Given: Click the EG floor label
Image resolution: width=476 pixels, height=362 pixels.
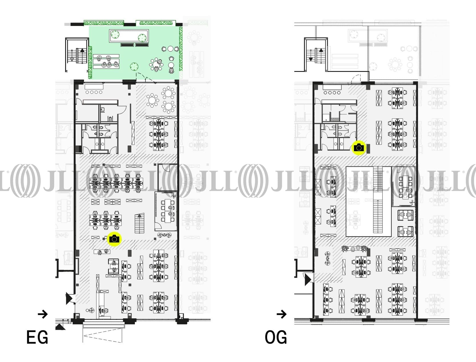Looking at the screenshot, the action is pyautogui.click(x=37, y=337).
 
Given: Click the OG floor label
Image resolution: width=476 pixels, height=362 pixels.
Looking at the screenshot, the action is pyautogui.click(x=276, y=337).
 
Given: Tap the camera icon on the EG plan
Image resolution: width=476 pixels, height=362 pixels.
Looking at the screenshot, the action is pyautogui.click(x=115, y=239).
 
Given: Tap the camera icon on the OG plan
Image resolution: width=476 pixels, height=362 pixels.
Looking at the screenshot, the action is pyautogui.click(x=359, y=148).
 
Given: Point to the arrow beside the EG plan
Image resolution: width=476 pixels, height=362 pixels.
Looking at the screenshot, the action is pyautogui.click(x=43, y=314).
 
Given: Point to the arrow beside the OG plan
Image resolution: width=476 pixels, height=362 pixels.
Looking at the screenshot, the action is pyautogui.click(x=281, y=314).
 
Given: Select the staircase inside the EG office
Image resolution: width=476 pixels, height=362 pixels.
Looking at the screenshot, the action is pyautogui.click(x=139, y=223).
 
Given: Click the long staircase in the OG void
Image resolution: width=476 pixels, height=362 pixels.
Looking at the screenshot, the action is pyautogui.click(x=378, y=199).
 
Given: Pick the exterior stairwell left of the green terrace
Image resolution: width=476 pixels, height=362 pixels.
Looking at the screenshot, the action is pyautogui.click(x=77, y=55).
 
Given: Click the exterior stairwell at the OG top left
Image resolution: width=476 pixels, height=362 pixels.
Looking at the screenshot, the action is pyautogui.click(x=316, y=54).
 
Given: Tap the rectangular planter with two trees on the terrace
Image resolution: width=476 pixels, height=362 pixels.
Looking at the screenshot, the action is pyautogui.click(x=129, y=36).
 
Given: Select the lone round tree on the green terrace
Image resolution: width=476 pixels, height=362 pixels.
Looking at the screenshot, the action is pyautogui.click(x=134, y=66).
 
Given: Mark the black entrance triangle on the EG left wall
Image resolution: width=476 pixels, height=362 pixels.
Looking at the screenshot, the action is pyautogui.click(x=69, y=298).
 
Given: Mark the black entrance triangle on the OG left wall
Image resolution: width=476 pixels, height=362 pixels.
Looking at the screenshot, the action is pyautogui.click(x=308, y=280).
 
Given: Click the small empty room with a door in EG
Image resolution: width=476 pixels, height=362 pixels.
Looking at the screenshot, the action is pyautogui.click(x=167, y=178).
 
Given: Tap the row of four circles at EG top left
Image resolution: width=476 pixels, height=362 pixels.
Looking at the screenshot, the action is pyautogui.click(x=94, y=92).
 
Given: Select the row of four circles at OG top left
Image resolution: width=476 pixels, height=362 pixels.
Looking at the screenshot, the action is pyautogui.click(x=332, y=93).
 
